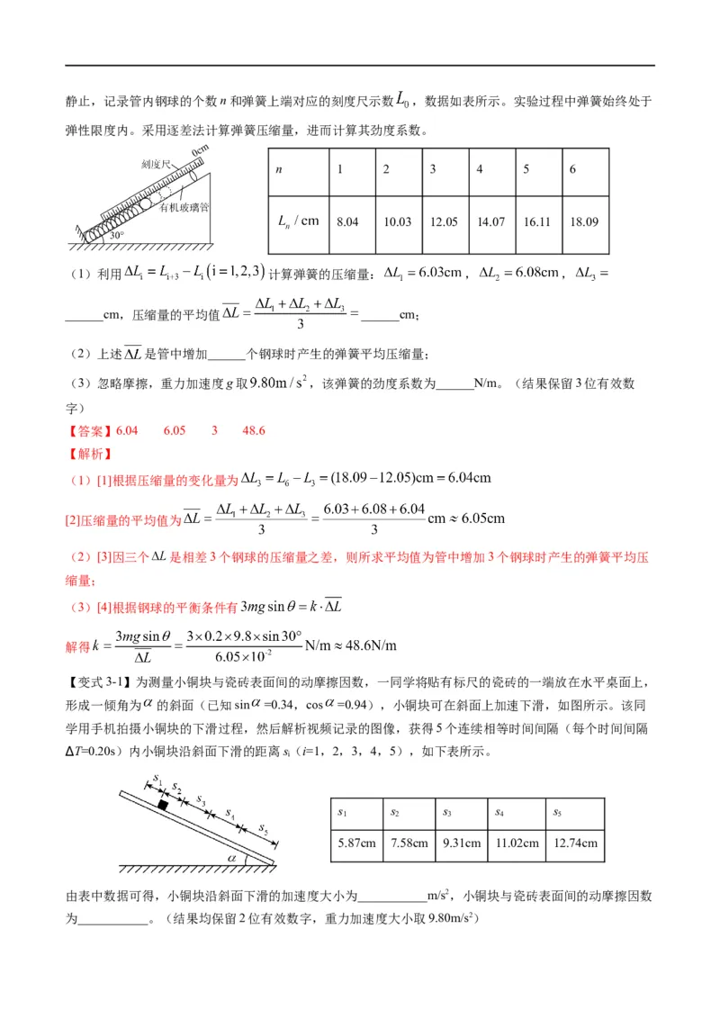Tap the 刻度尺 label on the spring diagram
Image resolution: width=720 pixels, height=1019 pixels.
click(132, 167)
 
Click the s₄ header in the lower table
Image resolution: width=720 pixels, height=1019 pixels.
click(499, 812)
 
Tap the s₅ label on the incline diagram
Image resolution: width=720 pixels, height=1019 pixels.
click(262, 825)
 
